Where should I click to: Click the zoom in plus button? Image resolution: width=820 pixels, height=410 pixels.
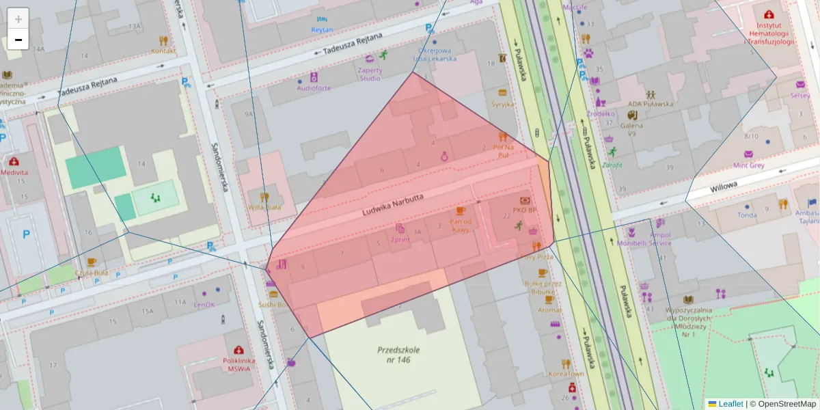coord(18,18)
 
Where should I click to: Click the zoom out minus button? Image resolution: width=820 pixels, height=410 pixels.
coord(18,40)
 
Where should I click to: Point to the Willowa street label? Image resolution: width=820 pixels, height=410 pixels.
coord(723,187)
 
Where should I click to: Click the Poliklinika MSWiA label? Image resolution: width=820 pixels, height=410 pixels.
coord(238,365)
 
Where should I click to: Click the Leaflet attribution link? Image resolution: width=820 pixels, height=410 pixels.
coord(730,404)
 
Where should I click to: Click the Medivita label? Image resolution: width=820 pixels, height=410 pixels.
coord(14,173)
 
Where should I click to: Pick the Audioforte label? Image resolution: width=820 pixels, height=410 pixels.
coord(314,88)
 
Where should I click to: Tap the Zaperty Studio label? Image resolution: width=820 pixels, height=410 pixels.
coord(370,74)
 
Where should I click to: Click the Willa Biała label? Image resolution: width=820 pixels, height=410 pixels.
coord(264,207)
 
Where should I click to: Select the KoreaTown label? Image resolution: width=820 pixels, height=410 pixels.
coord(566,374)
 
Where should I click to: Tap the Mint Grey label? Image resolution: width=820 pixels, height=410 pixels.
coord(748,165)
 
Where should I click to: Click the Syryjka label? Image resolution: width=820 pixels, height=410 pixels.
coord(502,105)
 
